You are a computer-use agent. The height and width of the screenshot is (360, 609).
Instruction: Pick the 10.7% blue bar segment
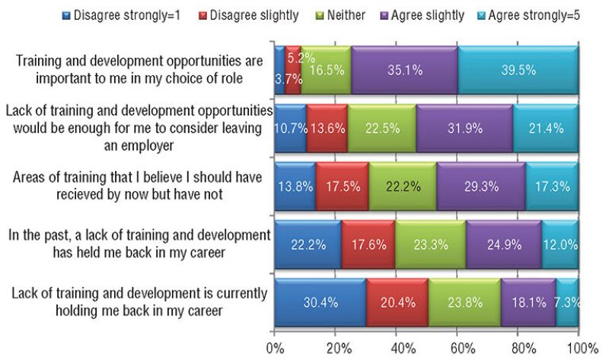[290, 124]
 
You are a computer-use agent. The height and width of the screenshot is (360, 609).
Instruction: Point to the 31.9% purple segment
[464, 124]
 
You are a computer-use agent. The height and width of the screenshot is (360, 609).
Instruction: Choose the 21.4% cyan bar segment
[546, 124]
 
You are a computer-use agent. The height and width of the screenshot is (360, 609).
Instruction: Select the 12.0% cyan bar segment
[560, 244]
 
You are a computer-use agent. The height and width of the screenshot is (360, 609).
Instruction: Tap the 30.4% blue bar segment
[320, 303]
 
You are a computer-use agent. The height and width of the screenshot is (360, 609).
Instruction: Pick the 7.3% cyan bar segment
[567, 303]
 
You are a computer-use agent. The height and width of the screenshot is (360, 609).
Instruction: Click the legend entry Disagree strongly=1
[136, 14]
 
